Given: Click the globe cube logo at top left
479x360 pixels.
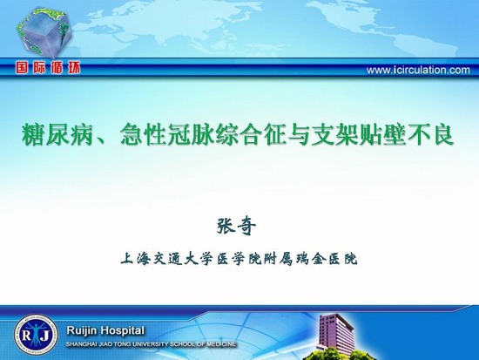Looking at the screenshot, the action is point(44,33).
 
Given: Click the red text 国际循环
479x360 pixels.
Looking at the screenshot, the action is point(48,67).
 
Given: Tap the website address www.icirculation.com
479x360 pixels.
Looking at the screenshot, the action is point(418,71).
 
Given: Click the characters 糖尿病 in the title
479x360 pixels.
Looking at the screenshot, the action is point(57,134).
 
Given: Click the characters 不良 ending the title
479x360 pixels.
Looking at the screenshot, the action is point(430,134).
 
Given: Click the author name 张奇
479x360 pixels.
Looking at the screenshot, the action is point(236,227).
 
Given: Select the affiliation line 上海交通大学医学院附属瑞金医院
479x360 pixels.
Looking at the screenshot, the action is point(239,259).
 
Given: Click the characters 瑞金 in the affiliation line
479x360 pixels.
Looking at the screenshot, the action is point(311,259).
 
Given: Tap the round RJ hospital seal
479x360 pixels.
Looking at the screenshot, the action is point(36,335).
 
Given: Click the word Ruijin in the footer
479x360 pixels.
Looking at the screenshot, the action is point(82,331).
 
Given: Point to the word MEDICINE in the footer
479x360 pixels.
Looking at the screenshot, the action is point(221,344).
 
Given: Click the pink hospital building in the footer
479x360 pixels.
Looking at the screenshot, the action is point(334,333).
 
